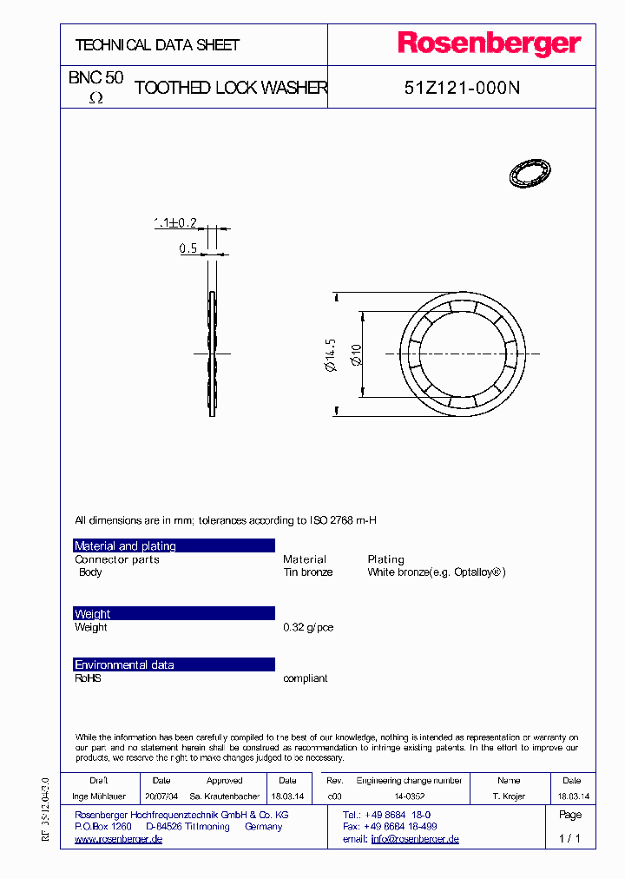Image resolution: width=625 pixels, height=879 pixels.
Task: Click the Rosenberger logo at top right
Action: [x=489, y=44]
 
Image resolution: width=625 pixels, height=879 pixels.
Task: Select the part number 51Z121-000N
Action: [x=462, y=88]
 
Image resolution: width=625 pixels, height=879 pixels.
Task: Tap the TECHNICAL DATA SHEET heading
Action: [x=157, y=45]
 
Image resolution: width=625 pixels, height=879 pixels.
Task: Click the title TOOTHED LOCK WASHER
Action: [x=231, y=88]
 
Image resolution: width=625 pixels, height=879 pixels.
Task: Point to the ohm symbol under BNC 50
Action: [x=96, y=99]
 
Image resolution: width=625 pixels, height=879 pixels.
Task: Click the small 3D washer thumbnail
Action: [x=530, y=173]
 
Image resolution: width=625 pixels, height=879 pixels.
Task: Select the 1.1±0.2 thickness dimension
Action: [x=174, y=223]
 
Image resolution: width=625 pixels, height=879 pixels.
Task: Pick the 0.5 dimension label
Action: [x=187, y=249]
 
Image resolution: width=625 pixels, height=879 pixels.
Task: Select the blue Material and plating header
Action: [x=174, y=545]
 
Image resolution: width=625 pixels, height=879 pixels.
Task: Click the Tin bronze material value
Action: [x=307, y=572]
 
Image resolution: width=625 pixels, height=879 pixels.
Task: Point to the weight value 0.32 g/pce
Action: [x=308, y=627]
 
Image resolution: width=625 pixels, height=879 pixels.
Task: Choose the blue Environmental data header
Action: [x=174, y=664]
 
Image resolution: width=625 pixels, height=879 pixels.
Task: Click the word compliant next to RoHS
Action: [x=305, y=678]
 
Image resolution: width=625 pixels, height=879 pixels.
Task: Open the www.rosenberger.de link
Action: [x=118, y=840]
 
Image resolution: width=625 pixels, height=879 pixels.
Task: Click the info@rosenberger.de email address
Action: [x=415, y=840]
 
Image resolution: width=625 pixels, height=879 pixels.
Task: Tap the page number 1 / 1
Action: [x=569, y=839]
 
